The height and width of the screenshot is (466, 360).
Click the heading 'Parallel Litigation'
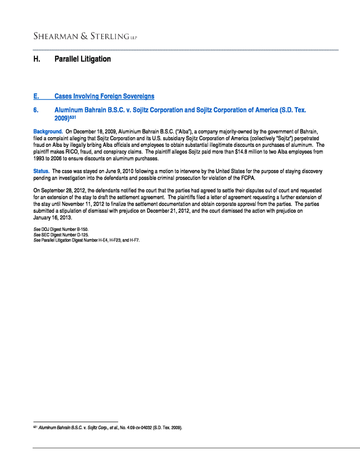tap(82, 59)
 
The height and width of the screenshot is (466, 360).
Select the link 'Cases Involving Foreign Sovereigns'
tap(104, 96)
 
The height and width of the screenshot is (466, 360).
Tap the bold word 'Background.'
tap(48, 131)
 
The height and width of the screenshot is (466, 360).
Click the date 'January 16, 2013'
tap(53, 217)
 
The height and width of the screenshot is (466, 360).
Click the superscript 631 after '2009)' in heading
tap(73, 118)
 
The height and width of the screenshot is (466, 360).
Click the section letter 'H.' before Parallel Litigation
tap(37, 59)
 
